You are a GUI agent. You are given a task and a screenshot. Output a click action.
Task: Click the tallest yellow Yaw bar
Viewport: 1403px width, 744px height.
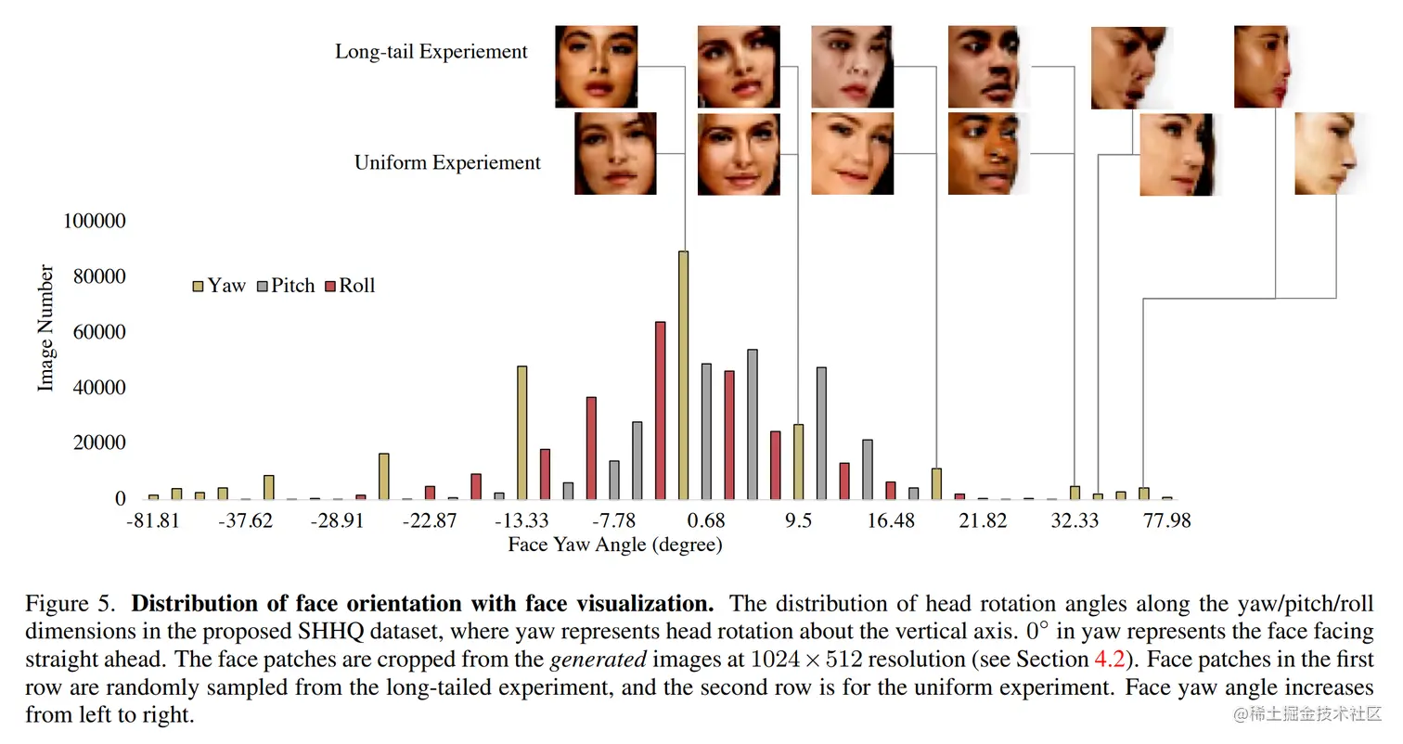[684, 375]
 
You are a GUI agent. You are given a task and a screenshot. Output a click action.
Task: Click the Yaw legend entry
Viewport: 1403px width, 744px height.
[220, 286]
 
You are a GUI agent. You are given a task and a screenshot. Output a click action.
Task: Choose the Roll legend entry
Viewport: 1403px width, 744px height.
[351, 286]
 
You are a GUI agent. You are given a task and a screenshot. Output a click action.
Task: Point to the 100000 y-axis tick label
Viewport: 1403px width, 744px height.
[94, 222]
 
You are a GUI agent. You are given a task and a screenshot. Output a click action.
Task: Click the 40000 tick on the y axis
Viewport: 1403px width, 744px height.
[99, 388]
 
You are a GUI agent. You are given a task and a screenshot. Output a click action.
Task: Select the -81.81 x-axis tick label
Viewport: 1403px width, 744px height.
[152, 520]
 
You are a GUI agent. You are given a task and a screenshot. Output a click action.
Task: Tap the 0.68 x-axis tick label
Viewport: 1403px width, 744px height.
[707, 520]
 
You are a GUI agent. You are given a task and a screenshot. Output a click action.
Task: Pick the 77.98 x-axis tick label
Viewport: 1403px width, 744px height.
[1166, 520]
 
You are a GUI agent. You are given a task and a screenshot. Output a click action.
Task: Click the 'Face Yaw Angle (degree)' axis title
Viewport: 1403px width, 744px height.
[614, 545]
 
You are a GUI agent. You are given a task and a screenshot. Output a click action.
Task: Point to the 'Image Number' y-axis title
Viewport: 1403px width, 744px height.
[45, 328]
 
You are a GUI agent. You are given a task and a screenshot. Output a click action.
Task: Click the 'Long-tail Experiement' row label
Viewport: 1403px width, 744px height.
[431, 52]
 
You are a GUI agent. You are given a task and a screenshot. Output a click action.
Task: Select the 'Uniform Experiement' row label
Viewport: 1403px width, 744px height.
[447, 163]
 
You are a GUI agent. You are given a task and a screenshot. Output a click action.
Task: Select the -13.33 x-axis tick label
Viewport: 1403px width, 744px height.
[521, 520]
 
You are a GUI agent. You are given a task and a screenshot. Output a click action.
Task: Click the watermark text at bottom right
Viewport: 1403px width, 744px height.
[1306, 713]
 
